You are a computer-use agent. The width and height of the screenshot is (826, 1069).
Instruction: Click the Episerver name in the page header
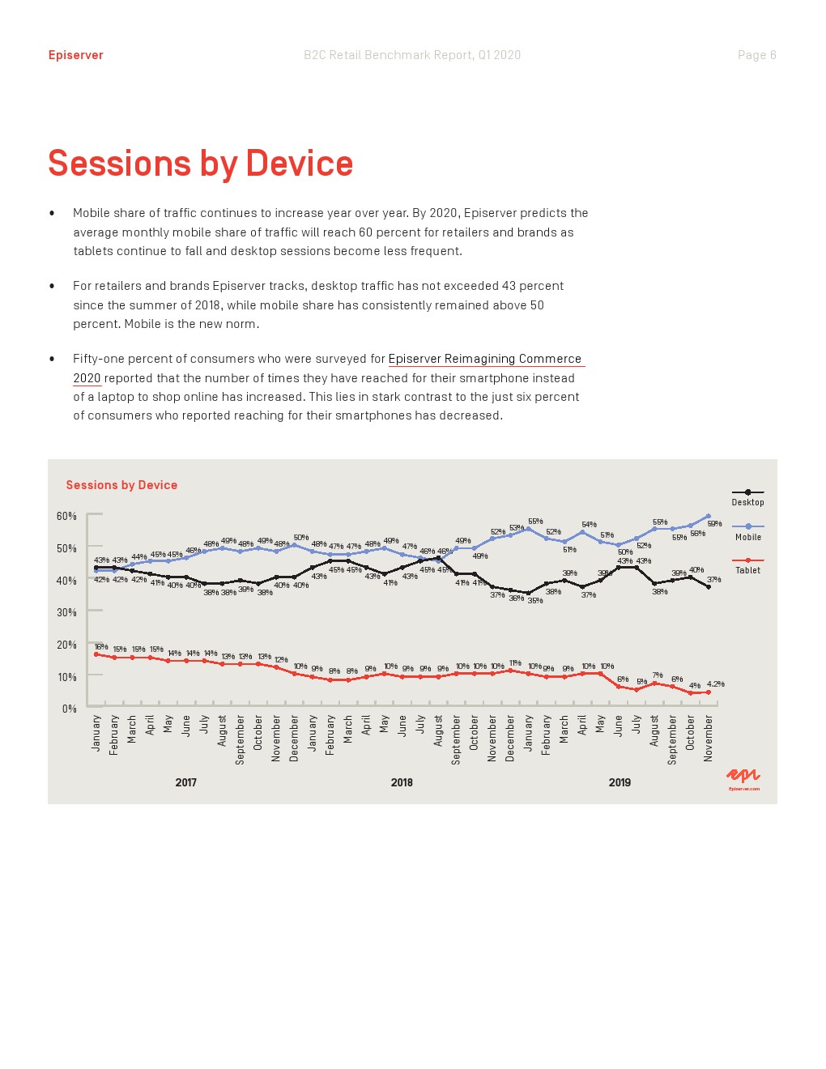[75, 55]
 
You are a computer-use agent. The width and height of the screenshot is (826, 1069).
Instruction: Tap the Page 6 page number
[756, 55]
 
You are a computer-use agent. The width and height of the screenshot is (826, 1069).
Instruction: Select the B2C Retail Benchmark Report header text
[412, 55]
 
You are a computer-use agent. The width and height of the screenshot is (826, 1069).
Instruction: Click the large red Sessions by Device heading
[200, 164]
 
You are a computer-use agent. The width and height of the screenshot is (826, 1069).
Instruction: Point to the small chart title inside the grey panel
[121, 485]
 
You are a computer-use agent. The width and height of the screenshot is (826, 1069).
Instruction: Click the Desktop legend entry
[747, 502]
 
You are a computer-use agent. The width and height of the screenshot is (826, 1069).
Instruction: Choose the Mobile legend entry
[747, 537]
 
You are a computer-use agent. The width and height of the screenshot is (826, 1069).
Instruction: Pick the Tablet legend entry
[747, 570]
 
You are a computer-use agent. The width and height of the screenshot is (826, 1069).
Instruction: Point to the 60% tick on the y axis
[66, 516]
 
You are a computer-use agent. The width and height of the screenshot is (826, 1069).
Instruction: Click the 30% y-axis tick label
[66, 612]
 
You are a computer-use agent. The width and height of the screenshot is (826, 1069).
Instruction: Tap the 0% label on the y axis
[69, 709]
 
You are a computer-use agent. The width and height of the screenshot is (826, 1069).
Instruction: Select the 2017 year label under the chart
[185, 782]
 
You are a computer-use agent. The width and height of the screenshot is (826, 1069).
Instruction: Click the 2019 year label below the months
[619, 782]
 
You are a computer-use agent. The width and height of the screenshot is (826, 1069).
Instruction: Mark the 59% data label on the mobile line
[714, 524]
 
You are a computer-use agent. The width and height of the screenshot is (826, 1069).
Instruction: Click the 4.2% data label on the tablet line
[715, 684]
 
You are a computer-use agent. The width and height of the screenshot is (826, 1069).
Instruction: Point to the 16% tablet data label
[100, 647]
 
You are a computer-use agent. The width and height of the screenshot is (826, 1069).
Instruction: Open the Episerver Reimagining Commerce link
[484, 359]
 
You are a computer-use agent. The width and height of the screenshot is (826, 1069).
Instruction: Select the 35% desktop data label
[534, 601]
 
